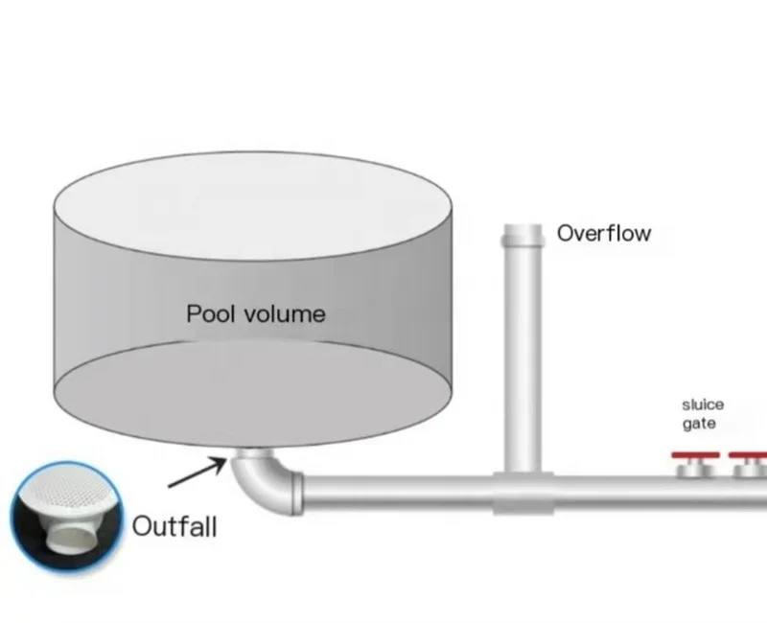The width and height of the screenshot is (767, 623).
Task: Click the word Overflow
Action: pyautogui.click(x=604, y=233)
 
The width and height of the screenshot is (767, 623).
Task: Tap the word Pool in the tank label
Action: pyautogui.click(x=210, y=313)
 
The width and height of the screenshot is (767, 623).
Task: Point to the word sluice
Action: pyautogui.click(x=703, y=404)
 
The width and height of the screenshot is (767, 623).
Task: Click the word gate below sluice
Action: pyautogui.click(x=699, y=424)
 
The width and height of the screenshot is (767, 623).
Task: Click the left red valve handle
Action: pyautogui.click(x=695, y=455)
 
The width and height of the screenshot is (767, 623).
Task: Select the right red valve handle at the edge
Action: pyautogui.click(x=749, y=455)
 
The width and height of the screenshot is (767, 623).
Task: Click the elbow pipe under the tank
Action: pyautogui.click(x=264, y=484)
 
